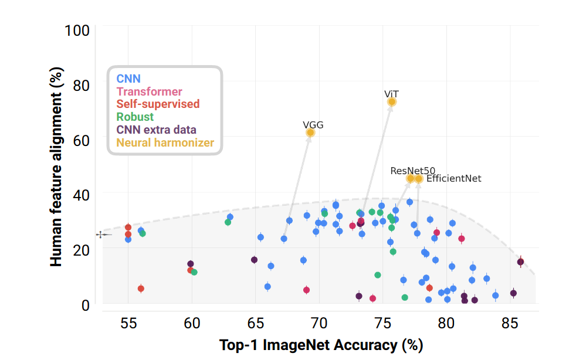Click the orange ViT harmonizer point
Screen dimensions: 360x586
392,102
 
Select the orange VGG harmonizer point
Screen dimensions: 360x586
310,133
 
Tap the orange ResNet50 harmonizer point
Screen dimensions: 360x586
411,179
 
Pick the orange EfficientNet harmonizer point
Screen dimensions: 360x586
419,179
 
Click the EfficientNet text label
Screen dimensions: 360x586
453,178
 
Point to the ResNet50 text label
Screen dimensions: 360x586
413,170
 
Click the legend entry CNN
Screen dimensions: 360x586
128,79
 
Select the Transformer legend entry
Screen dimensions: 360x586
149,91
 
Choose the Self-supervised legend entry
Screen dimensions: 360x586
158,104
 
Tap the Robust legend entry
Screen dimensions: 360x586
135,117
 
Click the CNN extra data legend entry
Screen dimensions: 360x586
156,130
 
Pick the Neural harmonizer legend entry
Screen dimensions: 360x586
165,142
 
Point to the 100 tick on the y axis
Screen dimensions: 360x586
79,29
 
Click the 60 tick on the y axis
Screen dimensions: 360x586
82,140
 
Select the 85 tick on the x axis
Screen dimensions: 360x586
510,324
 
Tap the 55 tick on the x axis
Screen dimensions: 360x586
128,324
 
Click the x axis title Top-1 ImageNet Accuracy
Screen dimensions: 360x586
321,345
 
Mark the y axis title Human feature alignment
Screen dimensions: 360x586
56,167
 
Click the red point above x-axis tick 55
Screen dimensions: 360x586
128,227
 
